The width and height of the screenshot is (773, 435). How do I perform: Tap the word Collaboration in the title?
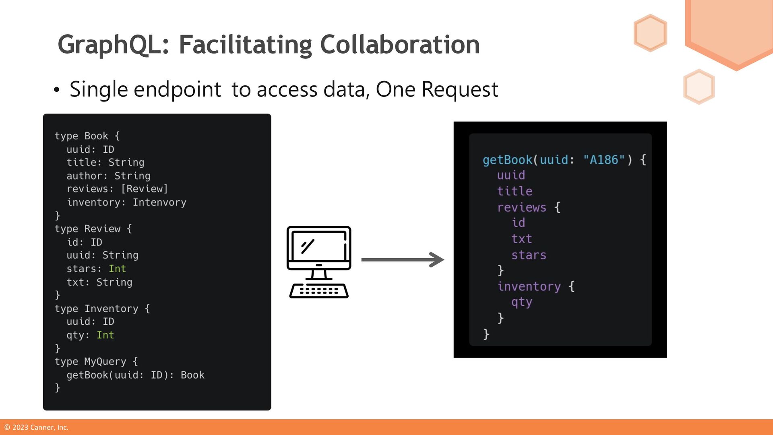coord(399,44)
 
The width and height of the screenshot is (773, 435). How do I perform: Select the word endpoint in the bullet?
coord(177,89)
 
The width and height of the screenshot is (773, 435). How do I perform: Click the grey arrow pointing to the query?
coord(402,260)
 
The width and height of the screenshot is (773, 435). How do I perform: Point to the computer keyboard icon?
coord(319,291)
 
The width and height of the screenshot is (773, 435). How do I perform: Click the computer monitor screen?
coord(319,246)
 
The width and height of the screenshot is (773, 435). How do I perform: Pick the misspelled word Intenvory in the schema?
coord(159,202)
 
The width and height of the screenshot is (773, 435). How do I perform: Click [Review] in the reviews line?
coord(144,189)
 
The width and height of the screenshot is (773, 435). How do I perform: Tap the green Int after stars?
coord(117,269)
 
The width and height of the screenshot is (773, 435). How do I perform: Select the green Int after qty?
coord(105,335)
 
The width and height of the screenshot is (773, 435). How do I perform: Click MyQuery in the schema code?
coord(105,362)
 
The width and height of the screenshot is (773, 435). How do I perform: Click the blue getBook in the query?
coord(507,160)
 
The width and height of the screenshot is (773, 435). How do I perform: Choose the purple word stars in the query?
coord(529,255)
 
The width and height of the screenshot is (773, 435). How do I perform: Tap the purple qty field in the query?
coord(522,302)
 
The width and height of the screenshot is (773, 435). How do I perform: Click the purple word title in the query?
coord(515,191)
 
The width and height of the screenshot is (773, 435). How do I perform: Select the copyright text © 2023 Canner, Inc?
coord(36,427)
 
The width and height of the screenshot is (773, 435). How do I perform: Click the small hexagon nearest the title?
coord(650,33)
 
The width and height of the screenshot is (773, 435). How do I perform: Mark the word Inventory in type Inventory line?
coord(111,309)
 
